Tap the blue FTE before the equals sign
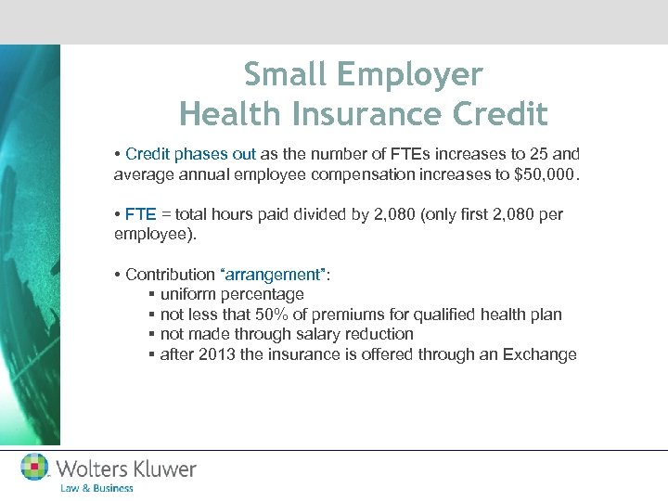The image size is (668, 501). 137,214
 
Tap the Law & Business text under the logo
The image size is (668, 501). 96,488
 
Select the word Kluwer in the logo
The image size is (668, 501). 162,469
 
